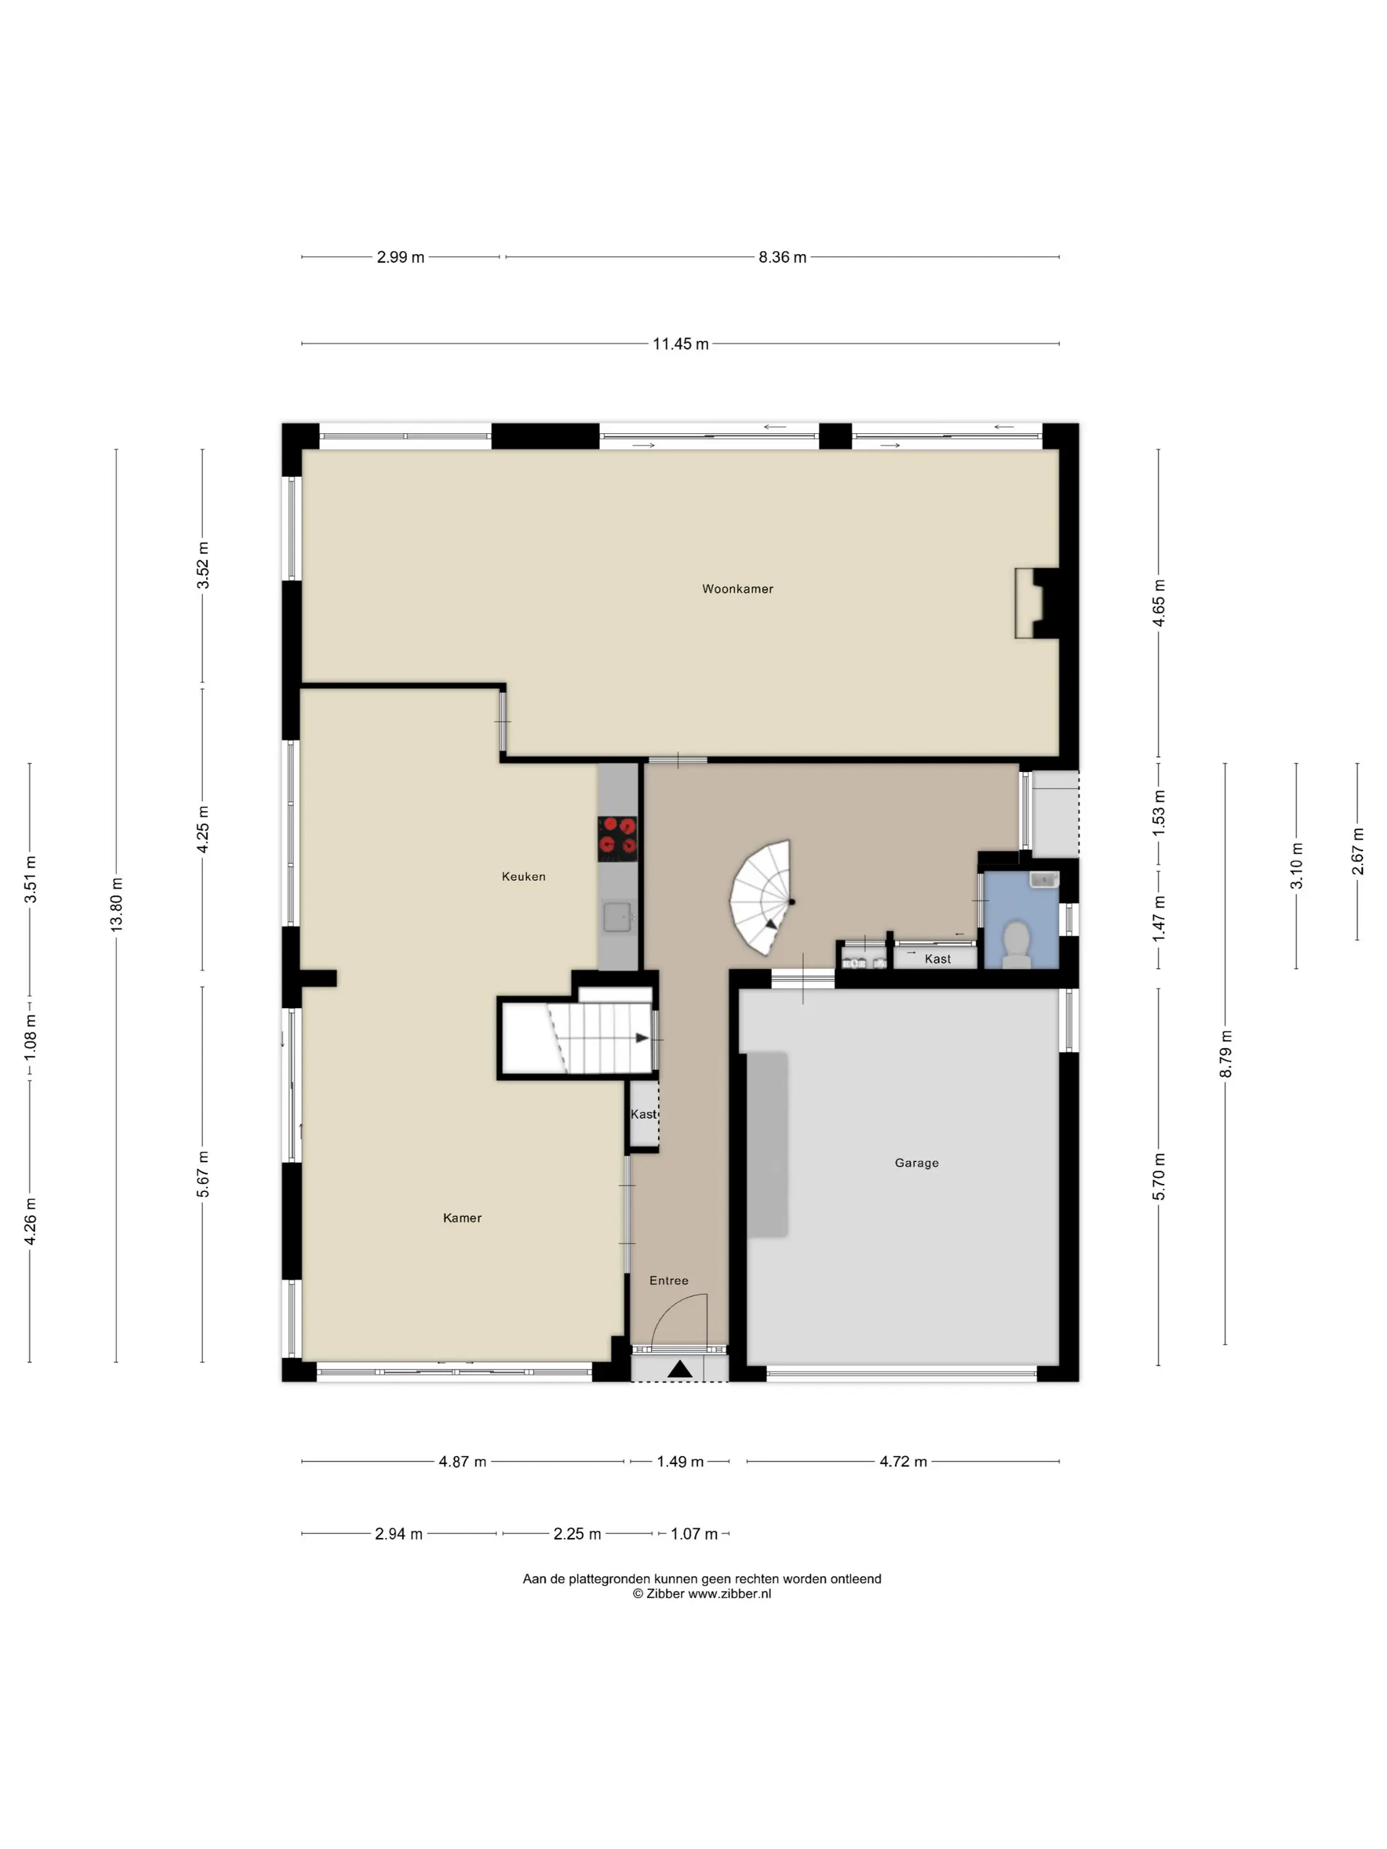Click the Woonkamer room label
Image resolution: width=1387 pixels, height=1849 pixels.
[x=736, y=588]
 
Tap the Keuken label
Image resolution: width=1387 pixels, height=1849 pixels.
[x=523, y=876]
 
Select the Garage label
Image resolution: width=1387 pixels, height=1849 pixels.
[x=916, y=1163]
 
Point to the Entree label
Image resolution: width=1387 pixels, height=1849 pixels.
[x=669, y=1280]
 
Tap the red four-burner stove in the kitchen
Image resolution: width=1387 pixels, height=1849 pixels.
[x=617, y=839]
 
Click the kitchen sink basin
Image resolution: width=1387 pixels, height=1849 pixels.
[x=617, y=917]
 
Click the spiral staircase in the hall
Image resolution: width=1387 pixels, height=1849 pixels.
[x=761, y=899]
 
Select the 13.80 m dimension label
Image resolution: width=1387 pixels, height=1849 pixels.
[x=116, y=905]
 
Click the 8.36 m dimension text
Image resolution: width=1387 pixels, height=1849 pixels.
[x=783, y=258]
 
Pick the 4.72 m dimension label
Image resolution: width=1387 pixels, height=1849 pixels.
[x=903, y=1461]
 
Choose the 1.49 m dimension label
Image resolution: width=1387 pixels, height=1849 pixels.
[x=680, y=1461]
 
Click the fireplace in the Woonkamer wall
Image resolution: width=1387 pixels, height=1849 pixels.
[x=1037, y=604]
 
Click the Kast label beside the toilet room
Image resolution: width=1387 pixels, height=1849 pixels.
[x=937, y=959]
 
